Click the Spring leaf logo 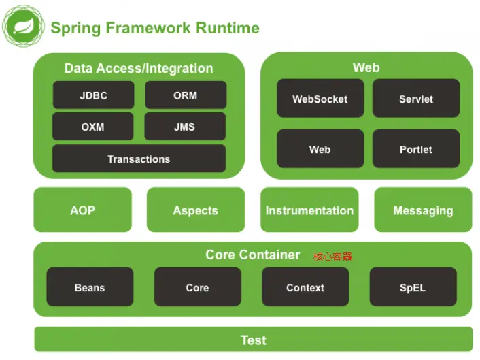tap(23, 27)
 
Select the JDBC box tap(93, 95)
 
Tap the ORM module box tap(185, 95)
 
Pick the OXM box tap(93, 127)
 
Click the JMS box tap(185, 127)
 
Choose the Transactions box tap(139, 159)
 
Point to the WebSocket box tap(320, 99)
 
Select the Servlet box tap(415, 99)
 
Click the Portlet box tap(415, 149)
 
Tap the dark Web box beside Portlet tap(320, 149)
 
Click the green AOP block tap(82, 210)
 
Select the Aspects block tap(195, 210)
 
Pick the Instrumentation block tap(309, 210)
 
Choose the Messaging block tap(423, 210)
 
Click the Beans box tap(90, 287)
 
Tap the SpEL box tap(413, 287)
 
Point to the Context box tap(305, 287)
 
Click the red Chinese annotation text tap(332, 257)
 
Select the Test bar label tap(253, 340)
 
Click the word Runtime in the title tap(228, 28)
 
